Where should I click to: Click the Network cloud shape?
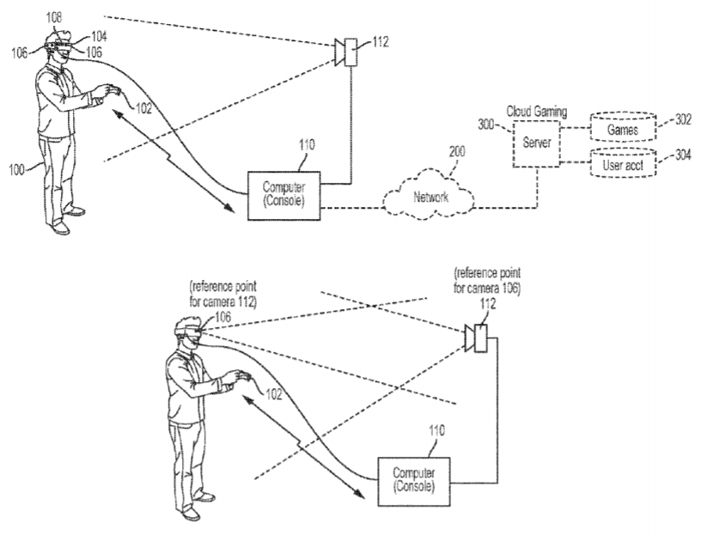[x=430, y=198]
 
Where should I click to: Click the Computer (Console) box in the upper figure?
[x=283, y=195]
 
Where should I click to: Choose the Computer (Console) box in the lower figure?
[x=412, y=480]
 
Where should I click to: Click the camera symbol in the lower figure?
[x=476, y=338]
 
